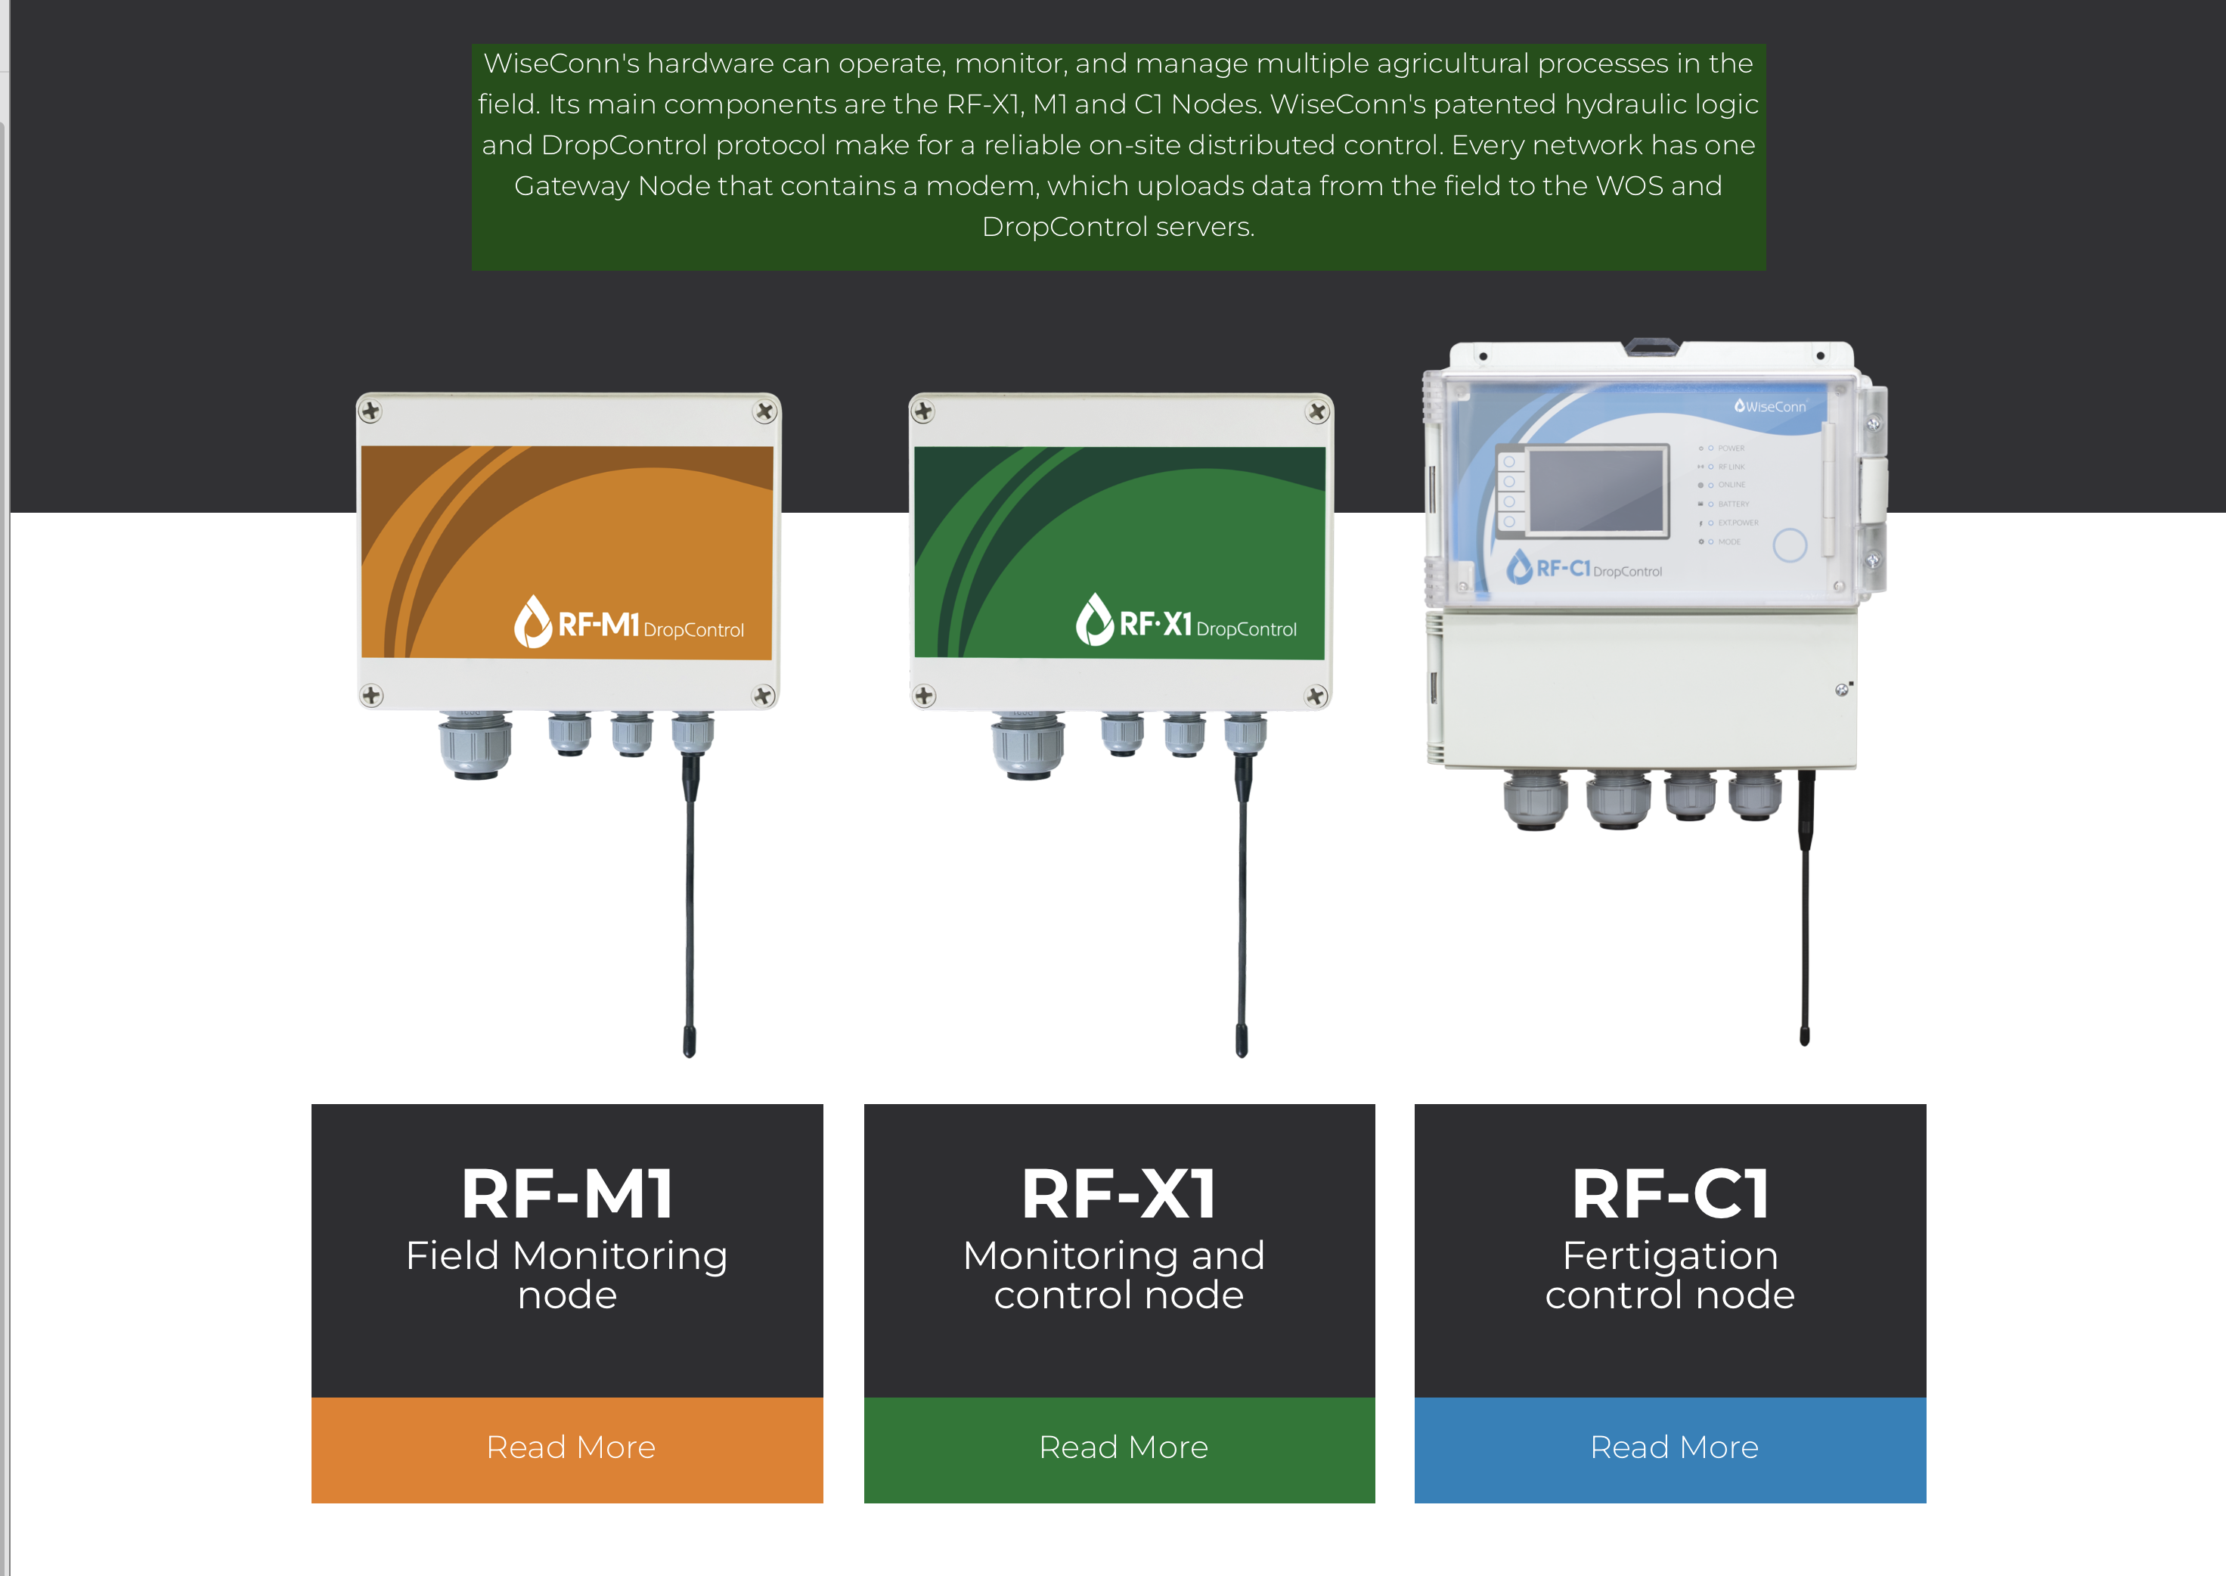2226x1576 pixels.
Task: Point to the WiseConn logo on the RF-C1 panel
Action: pos(1770,407)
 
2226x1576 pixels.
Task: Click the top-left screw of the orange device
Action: pos(370,411)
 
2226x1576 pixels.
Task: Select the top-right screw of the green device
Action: pos(1317,412)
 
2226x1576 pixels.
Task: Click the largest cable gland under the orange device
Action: pos(476,746)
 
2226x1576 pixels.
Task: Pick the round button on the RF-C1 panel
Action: pos(1789,544)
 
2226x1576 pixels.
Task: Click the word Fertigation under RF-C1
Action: pos(1670,1256)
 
